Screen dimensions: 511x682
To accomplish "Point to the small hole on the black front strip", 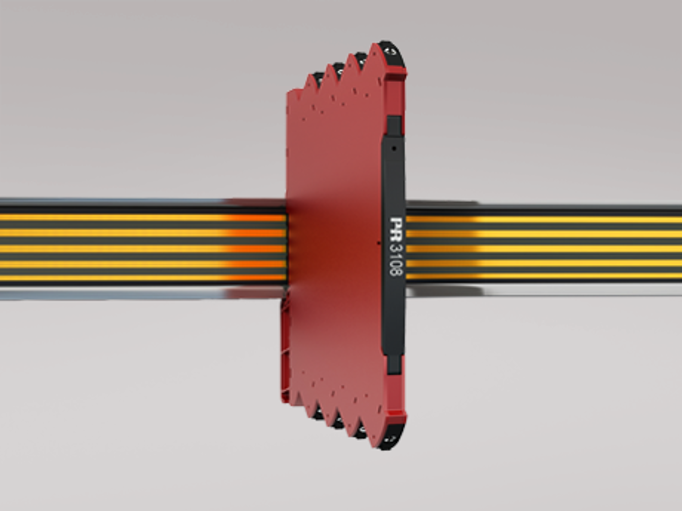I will pyautogui.click(x=394, y=148).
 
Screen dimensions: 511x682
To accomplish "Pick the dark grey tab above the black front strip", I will pyautogui.click(x=394, y=125).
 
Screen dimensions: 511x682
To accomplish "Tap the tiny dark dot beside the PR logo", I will pyautogui.click(x=379, y=243).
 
